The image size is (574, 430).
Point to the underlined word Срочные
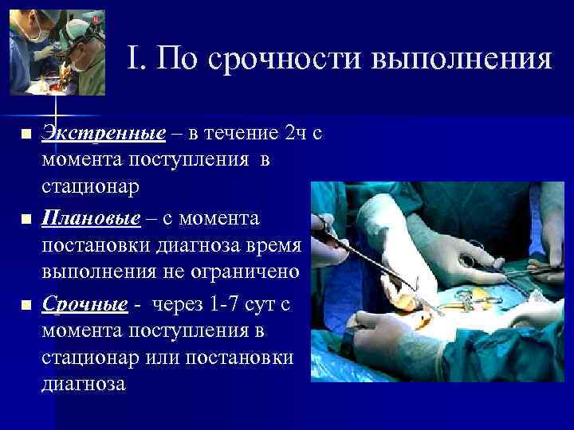pos(85,304)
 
